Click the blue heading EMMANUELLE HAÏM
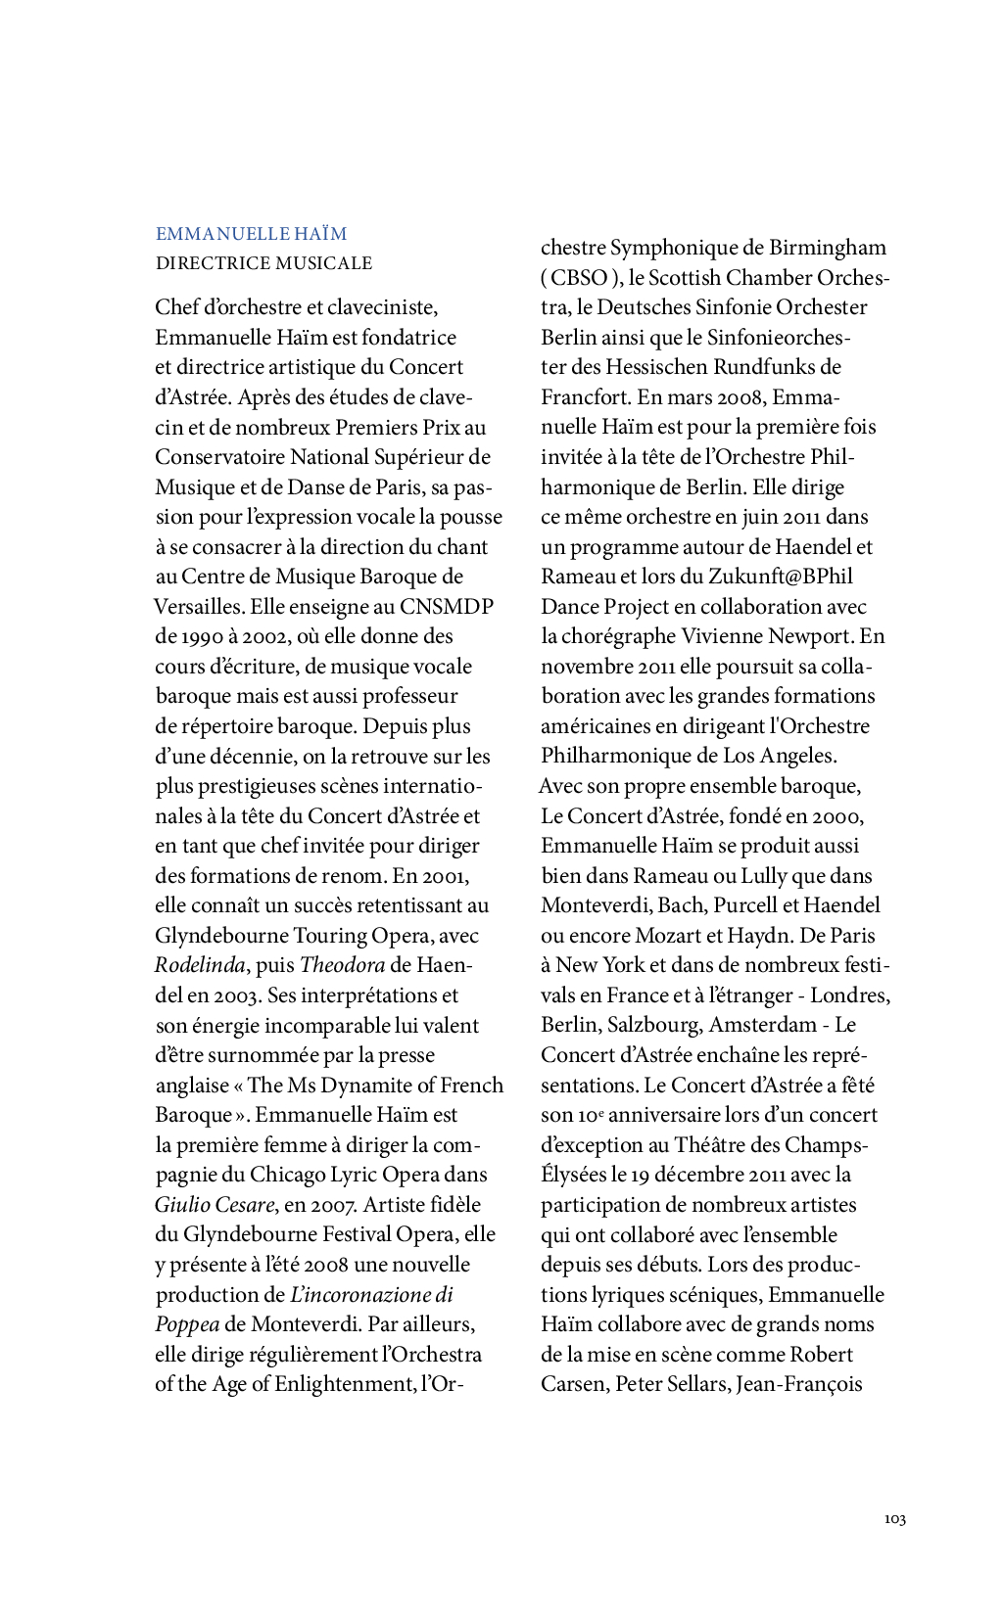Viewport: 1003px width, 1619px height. click(251, 234)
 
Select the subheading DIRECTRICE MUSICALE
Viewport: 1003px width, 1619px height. click(263, 263)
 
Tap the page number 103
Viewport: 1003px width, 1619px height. click(894, 1519)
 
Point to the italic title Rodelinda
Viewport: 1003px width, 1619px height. click(200, 965)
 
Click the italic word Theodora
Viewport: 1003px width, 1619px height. click(342, 965)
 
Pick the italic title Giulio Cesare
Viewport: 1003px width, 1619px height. click(215, 1205)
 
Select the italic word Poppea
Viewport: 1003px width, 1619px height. click(187, 1324)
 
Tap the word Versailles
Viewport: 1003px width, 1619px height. click(199, 607)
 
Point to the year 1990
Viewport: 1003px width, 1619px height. click(203, 636)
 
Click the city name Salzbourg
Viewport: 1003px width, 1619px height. click(652, 1025)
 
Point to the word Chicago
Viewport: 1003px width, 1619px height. click(287, 1175)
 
